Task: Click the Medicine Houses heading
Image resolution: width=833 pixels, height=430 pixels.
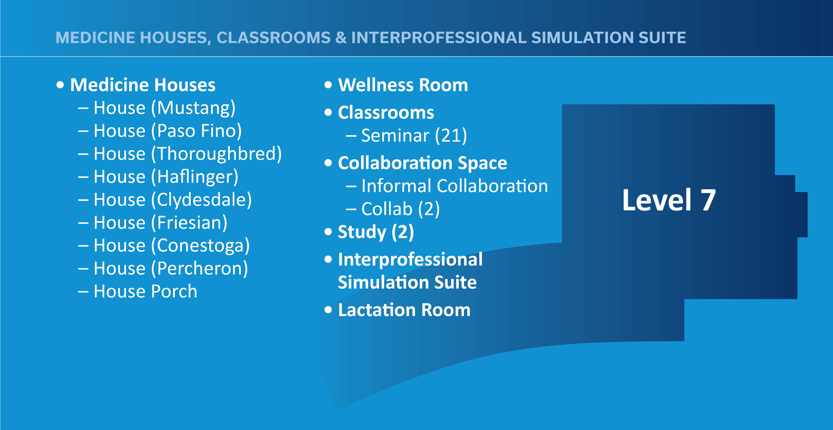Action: (x=143, y=85)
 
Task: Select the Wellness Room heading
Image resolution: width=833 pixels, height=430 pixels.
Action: (x=403, y=85)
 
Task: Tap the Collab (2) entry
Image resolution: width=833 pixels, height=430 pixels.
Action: (x=400, y=209)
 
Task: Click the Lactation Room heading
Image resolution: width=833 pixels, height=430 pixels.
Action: (x=404, y=310)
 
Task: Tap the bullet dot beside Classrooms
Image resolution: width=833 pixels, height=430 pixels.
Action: (x=328, y=112)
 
